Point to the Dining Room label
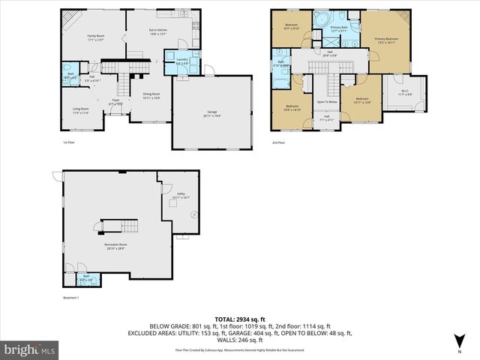[x=152, y=95]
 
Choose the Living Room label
[x=80, y=111]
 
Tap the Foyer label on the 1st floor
[x=116, y=101]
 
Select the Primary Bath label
[x=340, y=29]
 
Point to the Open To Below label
[x=326, y=101]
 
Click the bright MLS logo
[x=30, y=349]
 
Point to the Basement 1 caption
[x=71, y=298]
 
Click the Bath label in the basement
[x=86, y=277]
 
